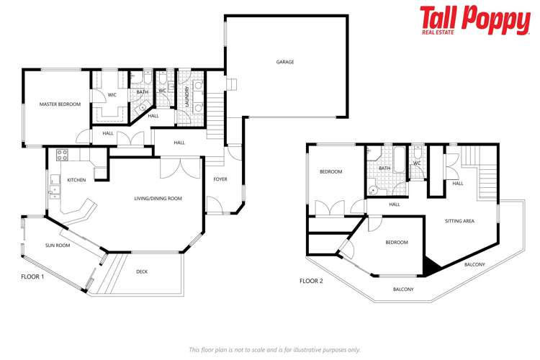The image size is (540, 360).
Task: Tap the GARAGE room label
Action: (x=285, y=62)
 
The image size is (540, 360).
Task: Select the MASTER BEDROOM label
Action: (x=60, y=104)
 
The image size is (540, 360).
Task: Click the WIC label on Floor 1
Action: (x=112, y=94)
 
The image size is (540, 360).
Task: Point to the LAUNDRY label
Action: (x=186, y=97)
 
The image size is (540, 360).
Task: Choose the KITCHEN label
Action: (x=77, y=180)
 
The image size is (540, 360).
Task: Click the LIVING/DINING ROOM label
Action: (x=158, y=199)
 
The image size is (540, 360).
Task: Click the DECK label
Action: (x=142, y=271)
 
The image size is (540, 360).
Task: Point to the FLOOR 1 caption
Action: (x=33, y=276)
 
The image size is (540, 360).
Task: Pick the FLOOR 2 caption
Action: (x=311, y=281)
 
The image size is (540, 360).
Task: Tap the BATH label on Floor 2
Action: (x=384, y=168)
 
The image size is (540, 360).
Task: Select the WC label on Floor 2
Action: (x=417, y=163)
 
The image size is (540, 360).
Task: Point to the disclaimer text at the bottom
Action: (x=274, y=349)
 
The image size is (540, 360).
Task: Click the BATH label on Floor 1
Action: (x=143, y=92)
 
